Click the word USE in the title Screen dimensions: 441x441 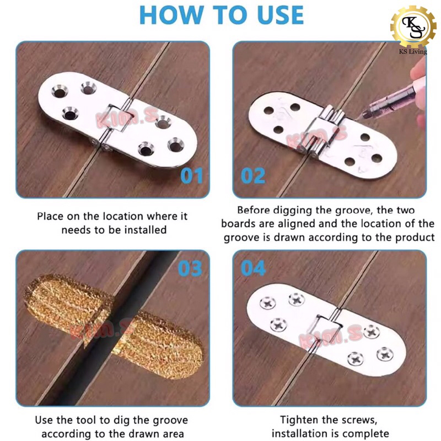(x=280, y=15)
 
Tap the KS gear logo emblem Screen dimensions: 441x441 (x=413, y=27)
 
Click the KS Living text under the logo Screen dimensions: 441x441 (x=413, y=51)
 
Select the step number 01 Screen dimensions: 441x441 (x=191, y=176)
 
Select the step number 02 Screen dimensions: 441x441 (x=253, y=176)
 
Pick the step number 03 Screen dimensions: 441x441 (x=190, y=268)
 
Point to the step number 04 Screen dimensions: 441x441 (x=253, y=268)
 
